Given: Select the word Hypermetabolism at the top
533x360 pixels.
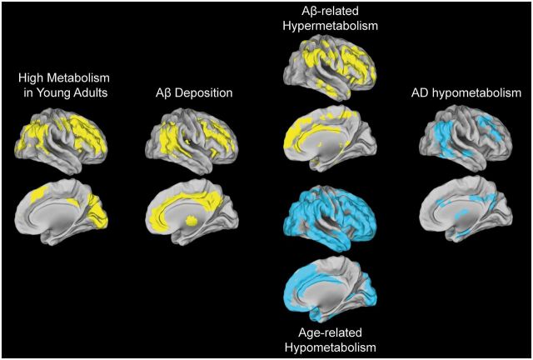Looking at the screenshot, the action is coord(330,26).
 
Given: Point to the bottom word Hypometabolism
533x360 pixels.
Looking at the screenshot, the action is coord(330,347).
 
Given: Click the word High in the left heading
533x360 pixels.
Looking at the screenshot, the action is coord(33,77).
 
